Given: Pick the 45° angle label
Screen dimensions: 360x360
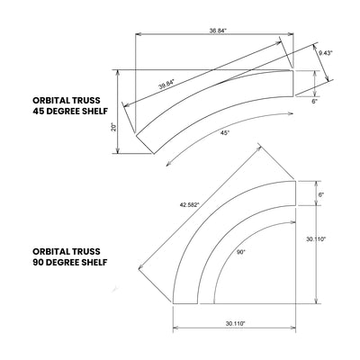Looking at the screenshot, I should [x=224, y=132].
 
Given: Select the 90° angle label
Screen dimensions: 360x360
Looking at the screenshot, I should [x=240, y=253].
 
